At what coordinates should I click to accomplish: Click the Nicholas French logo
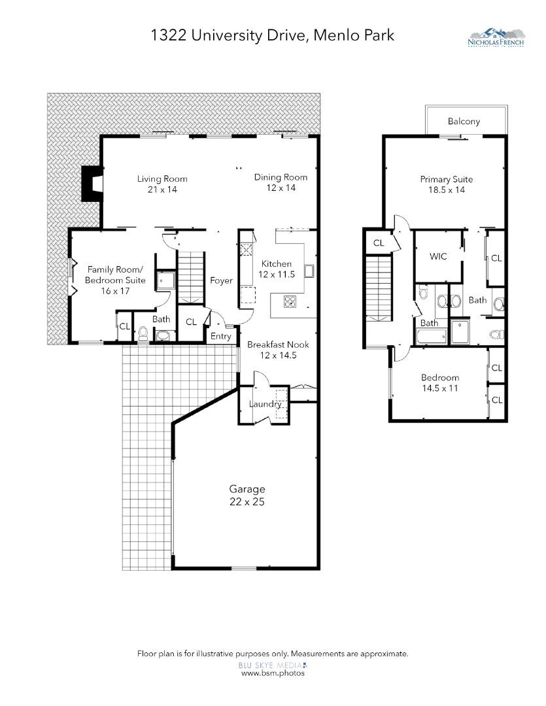pyautogui.click(x=496, y=38)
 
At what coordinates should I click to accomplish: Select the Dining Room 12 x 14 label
pyautogui.click(x=281, y=182)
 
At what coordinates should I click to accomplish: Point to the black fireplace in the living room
pyautogui.click(x=89, y=184)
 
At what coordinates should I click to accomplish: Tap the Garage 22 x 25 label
pyautogui.click(x=247, y=495)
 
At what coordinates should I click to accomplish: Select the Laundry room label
pyautogui.click(x=265, y=404)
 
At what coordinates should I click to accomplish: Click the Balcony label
pyautogui.click(x=464, y=121)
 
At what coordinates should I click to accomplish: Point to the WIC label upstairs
pyautogui.click(x=438, y=256)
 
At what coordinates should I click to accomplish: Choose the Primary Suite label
pyautogui.click(x=446, y=184)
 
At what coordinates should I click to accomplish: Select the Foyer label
pyautogui.click(x=221, y=280)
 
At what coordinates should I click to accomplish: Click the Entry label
pyautogui.click(x=220, y=337)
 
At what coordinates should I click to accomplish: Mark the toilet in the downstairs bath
pyautogui.click(x=143, y=333)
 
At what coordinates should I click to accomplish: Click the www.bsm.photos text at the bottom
pyautogui.click(x=273, y=673)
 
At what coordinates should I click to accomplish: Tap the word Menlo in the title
pyautogui.click(x=336, y=35)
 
